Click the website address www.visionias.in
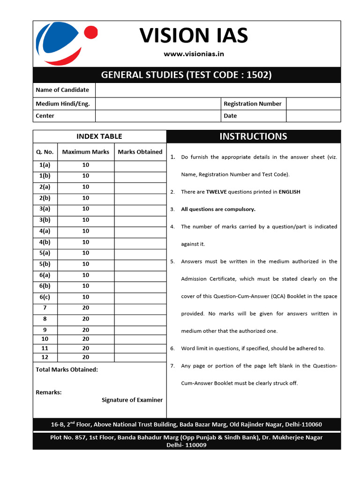(194, 54)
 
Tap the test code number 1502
(260, 75)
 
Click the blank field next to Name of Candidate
(217, 90)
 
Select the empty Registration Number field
(313, 104)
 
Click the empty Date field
(313, 116)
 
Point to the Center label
(45, 116)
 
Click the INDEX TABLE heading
(99, 136)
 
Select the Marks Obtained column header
(140, 152)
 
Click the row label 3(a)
(45, 209)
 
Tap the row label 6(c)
(45, 297)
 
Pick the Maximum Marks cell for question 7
(86, 308)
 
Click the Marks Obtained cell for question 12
(140, 358)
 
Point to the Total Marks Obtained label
(67, 369)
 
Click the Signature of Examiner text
(132, 400)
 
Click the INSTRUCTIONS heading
(253, 136)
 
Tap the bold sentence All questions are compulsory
(218, 209)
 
